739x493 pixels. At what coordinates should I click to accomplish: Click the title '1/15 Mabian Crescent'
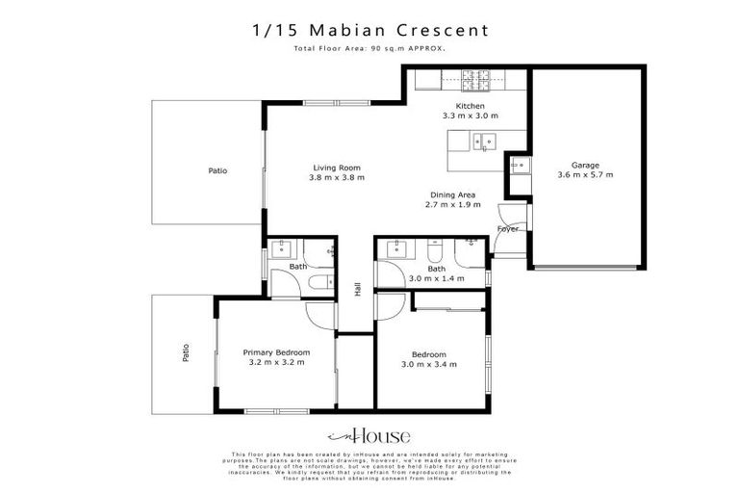pos(369,30)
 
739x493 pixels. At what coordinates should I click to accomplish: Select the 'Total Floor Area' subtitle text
pos(369,48)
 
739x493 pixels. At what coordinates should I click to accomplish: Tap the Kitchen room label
pos(471,107)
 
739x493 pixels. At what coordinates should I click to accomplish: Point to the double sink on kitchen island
pos(484,142)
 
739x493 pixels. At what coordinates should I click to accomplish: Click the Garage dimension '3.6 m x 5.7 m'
pos(584,175)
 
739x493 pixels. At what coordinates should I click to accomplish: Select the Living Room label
pos(336,168)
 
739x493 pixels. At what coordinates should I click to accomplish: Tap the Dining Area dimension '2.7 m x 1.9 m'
pos(453,205)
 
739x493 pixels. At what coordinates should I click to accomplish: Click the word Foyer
pos(507,229)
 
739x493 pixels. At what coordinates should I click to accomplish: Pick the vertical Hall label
pos(357,289)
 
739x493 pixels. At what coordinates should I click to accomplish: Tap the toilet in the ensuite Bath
pos(321,281)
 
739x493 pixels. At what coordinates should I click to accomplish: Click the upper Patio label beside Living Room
pos(218,170)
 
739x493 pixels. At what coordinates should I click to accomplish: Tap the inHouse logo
pos(369,434)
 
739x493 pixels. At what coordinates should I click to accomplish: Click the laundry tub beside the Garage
pos(520,166)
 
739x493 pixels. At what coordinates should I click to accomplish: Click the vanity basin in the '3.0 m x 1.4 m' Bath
pos(396,249)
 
